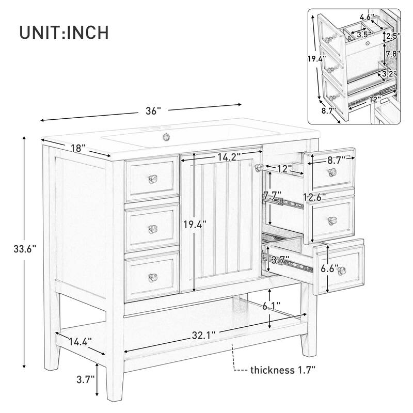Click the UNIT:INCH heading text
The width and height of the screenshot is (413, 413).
pyautogui.click(x=64, y=32)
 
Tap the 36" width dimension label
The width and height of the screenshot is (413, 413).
pyautogui.click(x=153, y=110)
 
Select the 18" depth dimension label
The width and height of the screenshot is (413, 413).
pyautogui.click(x=77, y=148)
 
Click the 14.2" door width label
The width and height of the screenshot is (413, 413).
pyautogui.click(x=230, y=156)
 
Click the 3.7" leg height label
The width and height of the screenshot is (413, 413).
pyautogui.click(x=85, y=379)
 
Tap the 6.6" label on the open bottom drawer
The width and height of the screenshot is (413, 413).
pyautogui.click(x=329, y=268)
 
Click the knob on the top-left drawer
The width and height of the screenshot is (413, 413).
pyautogui.click(x=152, y=178)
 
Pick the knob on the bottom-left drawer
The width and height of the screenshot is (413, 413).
pyautogui.click(x=152, y=277)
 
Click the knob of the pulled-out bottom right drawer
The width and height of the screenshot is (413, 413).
pyautogui.click(x=340, y=272)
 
